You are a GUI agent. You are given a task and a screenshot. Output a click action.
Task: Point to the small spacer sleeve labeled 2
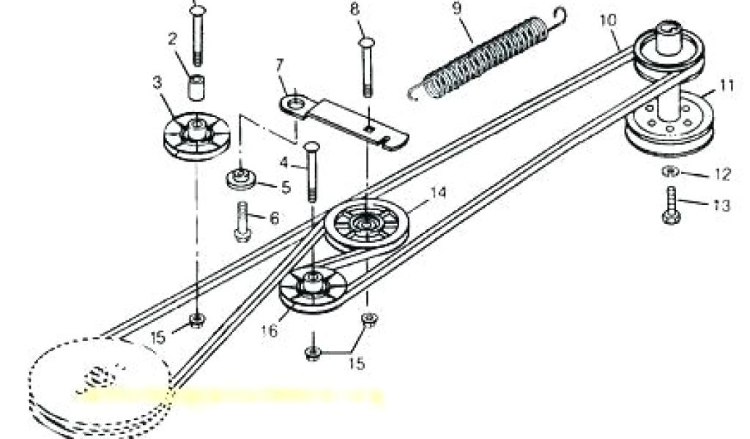(x=196, y=87)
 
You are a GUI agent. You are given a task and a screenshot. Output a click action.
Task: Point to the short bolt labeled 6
(x=243, y=221)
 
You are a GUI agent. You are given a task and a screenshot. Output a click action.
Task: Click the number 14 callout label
(x=438, y=192)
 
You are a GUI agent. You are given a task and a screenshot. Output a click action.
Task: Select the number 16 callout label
(x=269, y=331)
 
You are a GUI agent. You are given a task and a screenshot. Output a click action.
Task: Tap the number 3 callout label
(x=156, y=83)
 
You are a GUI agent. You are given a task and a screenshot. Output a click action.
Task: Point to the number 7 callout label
(x=278, y=65)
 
